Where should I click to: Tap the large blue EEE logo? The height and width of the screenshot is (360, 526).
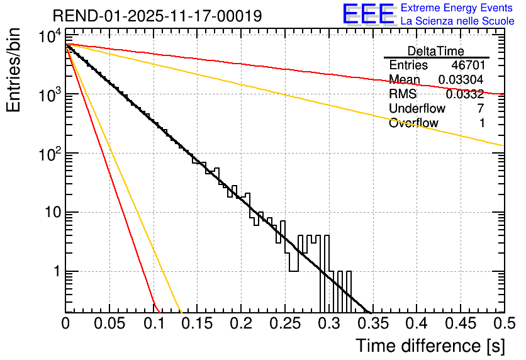click(x=368, y=15)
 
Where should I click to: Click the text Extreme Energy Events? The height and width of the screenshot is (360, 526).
click(x=457, y=8)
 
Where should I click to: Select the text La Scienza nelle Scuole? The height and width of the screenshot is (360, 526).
click(x=457, y=21)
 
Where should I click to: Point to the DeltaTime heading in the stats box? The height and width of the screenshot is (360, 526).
click(x=436, y=51)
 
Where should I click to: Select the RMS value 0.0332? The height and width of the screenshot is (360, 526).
click(x=465, y=94)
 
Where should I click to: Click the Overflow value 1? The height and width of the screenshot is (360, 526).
click(x=482, y=123)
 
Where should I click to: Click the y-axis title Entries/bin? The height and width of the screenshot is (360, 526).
click(x=13, y=70)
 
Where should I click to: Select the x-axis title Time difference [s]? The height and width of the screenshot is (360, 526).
click(x=429, y=346)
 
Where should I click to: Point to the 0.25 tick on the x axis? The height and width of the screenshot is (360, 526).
click(x=284, y=324)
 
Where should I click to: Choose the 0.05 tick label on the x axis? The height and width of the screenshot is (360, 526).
click(x=109, y=324)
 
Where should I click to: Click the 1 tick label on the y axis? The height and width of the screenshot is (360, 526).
click(x=55, y=272)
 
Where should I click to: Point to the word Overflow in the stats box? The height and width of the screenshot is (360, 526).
click(x=413, y=123)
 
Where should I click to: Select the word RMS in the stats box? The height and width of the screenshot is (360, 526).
click(x=403, y=94)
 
